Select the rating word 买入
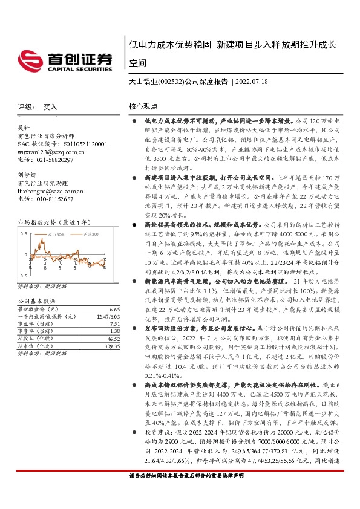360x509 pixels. coord(50,106)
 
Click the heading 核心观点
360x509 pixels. coord(143,106)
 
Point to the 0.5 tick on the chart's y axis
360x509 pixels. coord(25,232)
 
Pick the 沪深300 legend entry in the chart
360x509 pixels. coord(87,232)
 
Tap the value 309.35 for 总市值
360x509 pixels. coord(113,345)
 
